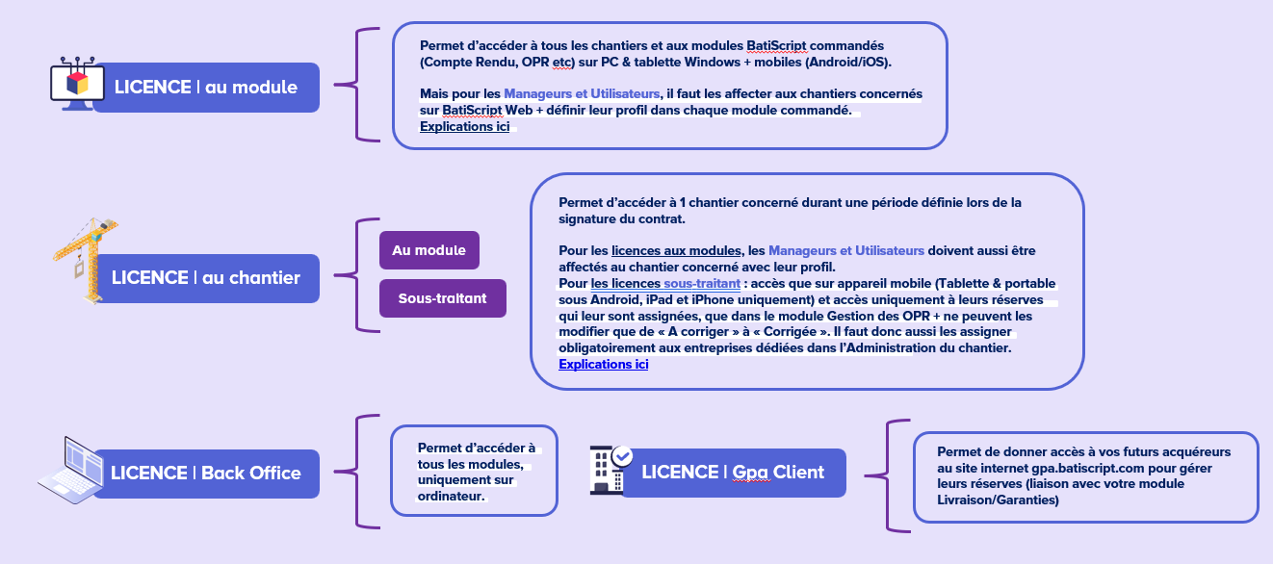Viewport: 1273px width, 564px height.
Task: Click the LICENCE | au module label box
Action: (206, 88)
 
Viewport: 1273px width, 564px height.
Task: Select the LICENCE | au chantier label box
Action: (206, 278)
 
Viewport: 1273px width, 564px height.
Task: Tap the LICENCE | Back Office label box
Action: (206, 474)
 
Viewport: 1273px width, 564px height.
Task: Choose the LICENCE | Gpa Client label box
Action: (734, 473)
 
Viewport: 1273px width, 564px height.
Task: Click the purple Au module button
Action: (429, 250)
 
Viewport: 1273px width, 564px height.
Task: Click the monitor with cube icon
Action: (77, 84)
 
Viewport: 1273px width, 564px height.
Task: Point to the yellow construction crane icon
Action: (86, 260)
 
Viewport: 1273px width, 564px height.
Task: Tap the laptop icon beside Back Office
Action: (71, 471)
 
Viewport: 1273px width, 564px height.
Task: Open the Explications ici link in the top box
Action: (464, 127)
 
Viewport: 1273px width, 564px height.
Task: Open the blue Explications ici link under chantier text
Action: (603, 365)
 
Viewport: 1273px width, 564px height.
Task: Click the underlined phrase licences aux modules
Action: (676, 251)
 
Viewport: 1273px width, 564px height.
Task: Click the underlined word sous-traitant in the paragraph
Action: (702, 283)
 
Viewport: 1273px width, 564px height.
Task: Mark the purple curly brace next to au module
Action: (357, 85)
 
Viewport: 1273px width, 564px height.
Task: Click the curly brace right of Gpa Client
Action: (887, 476)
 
